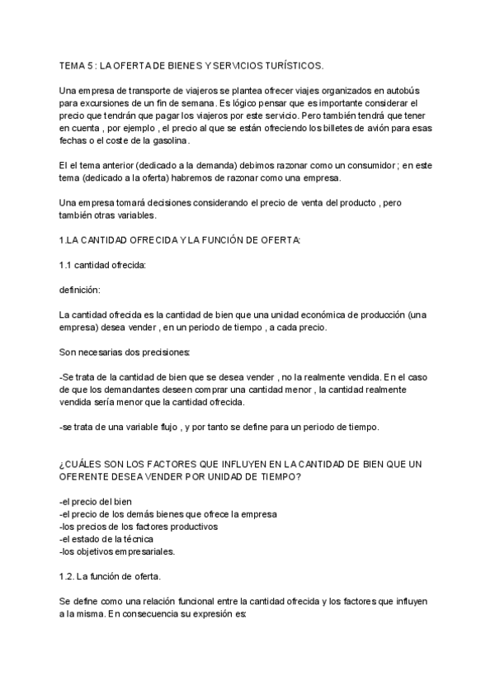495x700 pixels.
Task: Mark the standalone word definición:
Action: click(x=81, y=290)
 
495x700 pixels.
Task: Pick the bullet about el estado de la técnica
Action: click(x=106, y=539)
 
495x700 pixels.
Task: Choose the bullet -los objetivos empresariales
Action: click(x=116, y=551)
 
